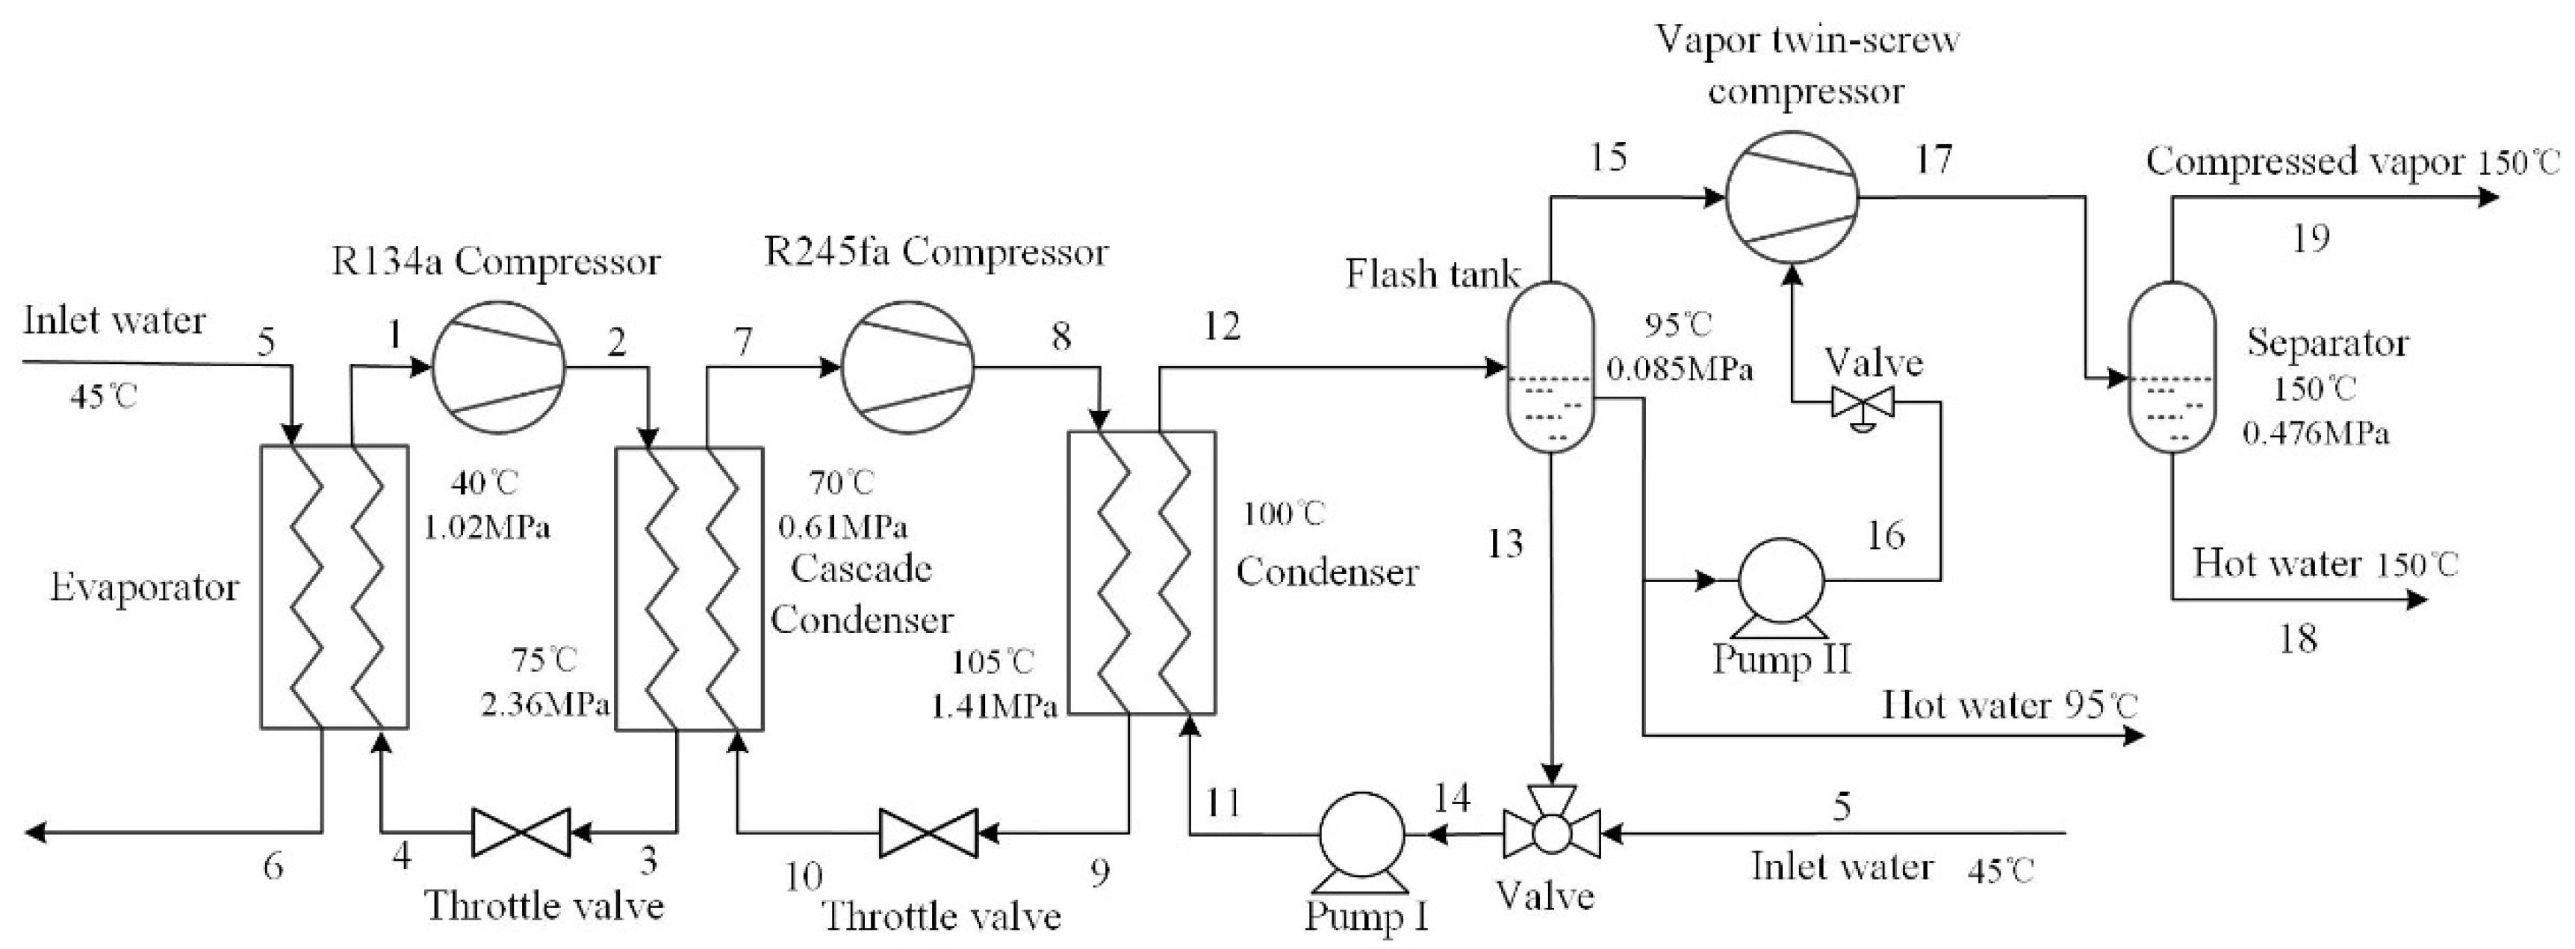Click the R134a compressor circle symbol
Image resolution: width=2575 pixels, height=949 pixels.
498,367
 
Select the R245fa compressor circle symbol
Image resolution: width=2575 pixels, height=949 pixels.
907,367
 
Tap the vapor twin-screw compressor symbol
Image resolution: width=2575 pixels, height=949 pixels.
1792,197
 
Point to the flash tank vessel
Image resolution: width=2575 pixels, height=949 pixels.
1550,367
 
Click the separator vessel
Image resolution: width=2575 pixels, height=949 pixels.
2172,367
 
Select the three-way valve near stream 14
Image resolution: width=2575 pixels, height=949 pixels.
1551,832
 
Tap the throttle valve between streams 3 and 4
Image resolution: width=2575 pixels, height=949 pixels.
521,832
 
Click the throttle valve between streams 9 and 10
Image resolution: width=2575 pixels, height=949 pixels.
928,832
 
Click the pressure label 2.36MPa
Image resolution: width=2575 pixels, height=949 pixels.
544,706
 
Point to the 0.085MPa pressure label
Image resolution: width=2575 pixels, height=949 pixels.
1680,371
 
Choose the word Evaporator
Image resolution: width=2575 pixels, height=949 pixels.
145,588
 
